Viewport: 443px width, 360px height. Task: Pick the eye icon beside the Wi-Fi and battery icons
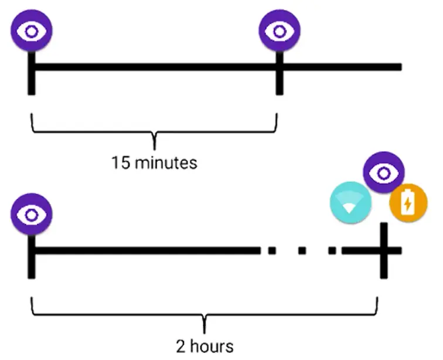pos(383,172)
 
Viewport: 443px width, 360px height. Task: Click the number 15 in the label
pos(121,162)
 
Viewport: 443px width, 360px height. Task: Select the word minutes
pos(166,162)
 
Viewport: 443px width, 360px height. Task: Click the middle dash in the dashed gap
pos(302,251)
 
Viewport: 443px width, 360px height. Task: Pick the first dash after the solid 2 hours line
pos(271,251)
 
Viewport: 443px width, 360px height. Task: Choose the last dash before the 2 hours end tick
pos(332,251)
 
